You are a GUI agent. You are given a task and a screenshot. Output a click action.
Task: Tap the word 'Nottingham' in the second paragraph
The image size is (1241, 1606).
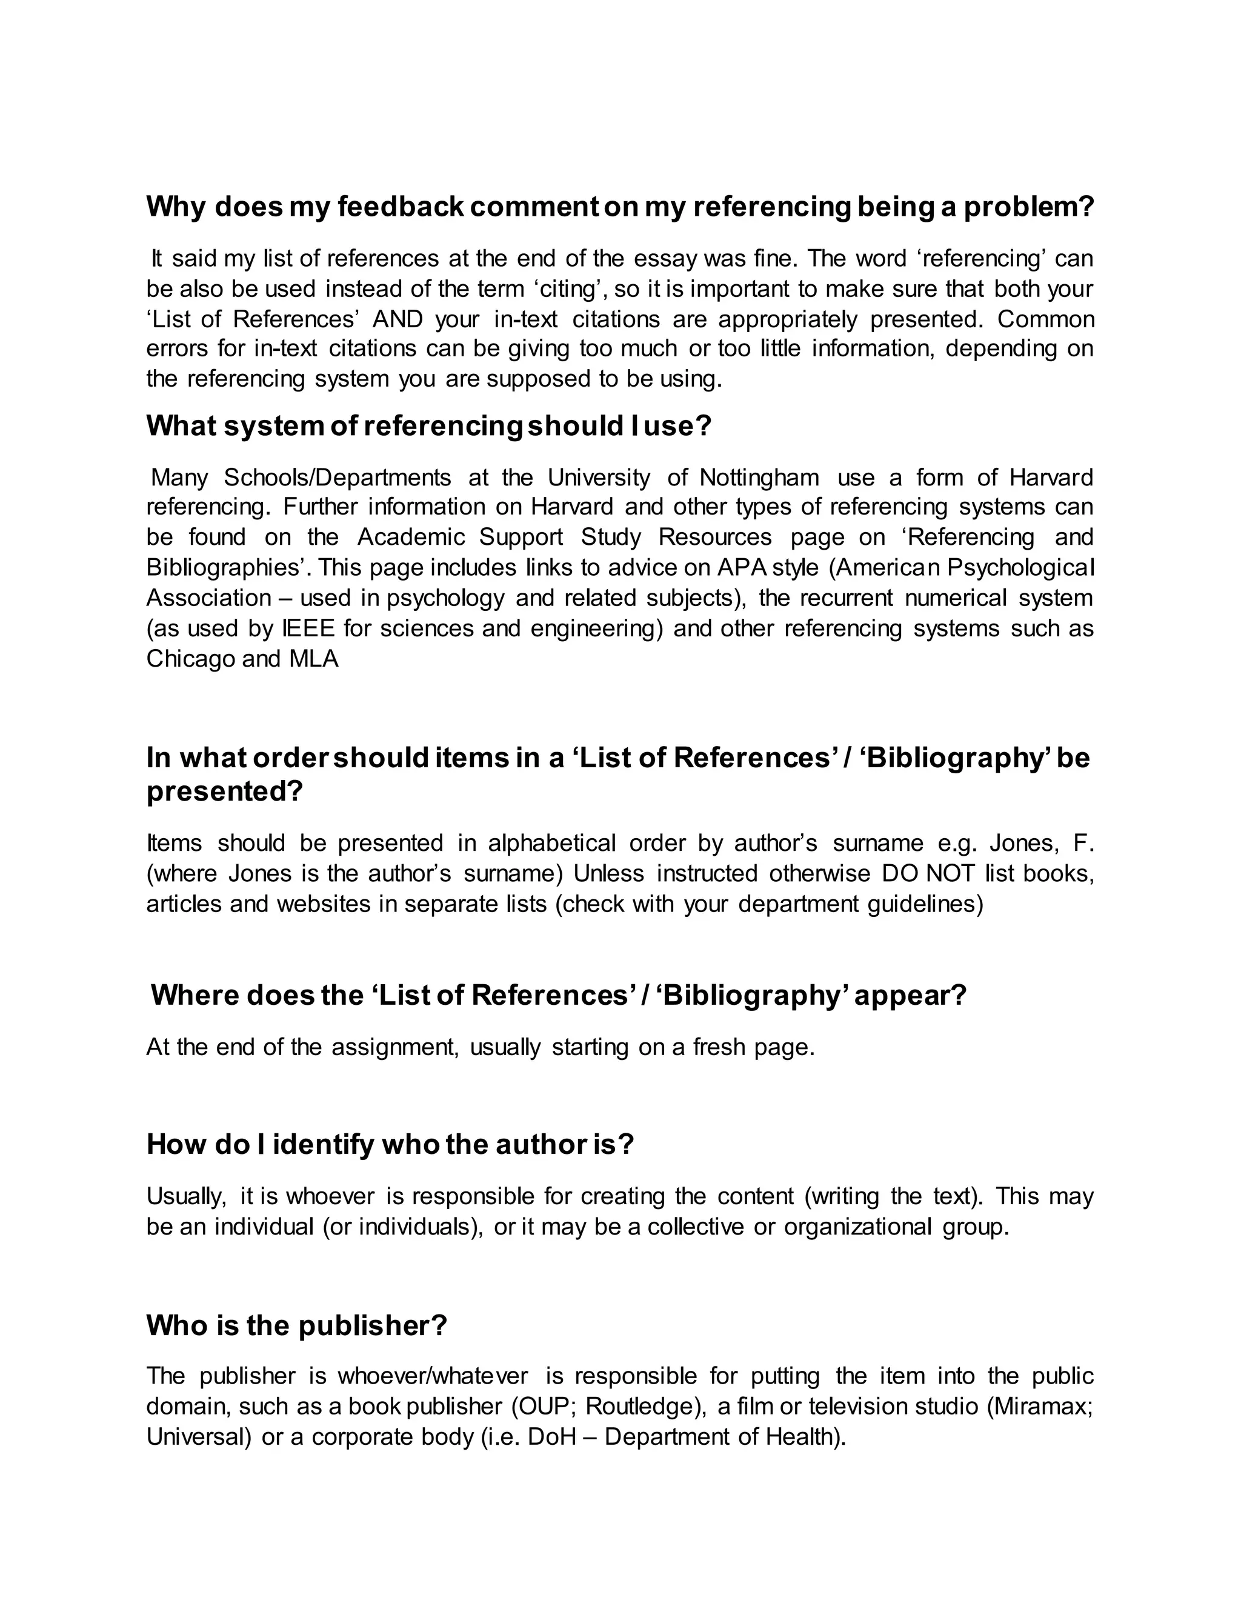[759, 478]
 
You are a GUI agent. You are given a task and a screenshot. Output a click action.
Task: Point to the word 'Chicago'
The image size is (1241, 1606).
[190, 659]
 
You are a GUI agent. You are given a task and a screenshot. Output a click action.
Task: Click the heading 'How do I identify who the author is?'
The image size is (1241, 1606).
[390, 1144]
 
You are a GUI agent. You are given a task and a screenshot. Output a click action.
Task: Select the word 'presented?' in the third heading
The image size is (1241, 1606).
[224, 792]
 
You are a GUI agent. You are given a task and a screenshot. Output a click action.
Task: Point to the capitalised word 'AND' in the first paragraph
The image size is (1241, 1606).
[398, 320]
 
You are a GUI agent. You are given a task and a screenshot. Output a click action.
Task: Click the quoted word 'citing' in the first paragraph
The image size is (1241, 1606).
[571, 289]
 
